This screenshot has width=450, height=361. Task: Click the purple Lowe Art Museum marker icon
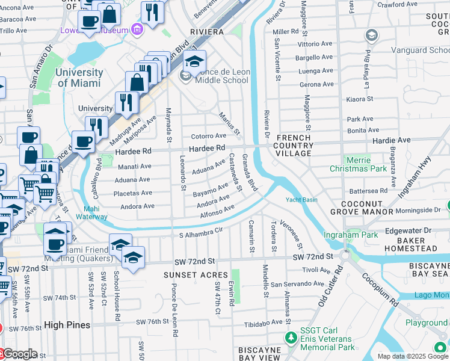click(138, 29)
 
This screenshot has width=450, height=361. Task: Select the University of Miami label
click(79, 78)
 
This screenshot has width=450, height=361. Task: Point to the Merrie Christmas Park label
click(358, 165)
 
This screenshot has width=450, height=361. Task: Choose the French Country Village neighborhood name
click(294, 146)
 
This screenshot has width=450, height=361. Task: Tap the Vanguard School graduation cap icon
click(372, 36)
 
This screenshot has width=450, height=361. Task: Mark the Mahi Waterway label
click(92, 212)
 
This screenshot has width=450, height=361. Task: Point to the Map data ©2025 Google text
click(412, 356)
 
